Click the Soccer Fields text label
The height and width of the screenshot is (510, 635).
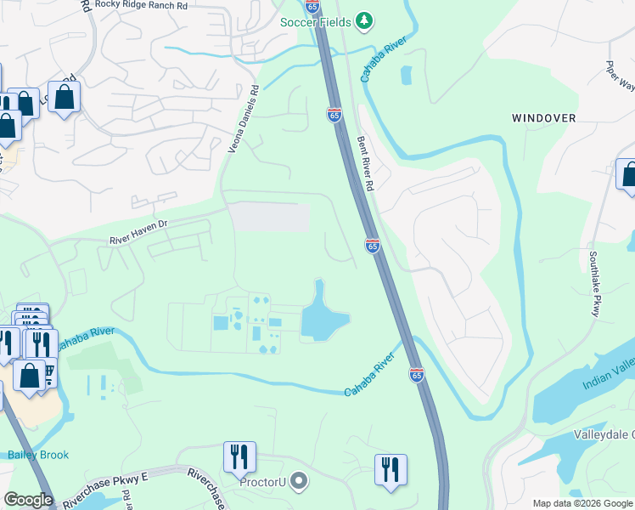[316, 20]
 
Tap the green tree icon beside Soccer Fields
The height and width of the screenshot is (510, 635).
[364, 20]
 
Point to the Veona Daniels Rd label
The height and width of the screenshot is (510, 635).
[242, 119]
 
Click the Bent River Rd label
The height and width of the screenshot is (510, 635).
[366, 162]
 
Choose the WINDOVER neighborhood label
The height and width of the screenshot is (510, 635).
[544, 118]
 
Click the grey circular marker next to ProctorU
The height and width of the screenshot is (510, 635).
[298, 483]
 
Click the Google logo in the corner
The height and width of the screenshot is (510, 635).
[28, 500]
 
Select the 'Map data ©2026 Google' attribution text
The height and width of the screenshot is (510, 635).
[582, 503]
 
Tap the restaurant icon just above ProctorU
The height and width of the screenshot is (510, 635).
[239, 457]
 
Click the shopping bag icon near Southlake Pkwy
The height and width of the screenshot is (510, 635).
[628, 174]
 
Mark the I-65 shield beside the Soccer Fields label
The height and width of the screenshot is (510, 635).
[313, 6]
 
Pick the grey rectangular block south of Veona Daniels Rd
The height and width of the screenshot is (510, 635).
[271, 217]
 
